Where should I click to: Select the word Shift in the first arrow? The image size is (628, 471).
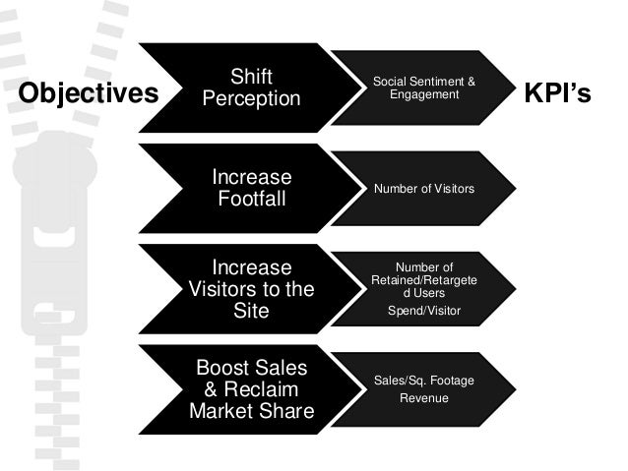[x=251, y=77]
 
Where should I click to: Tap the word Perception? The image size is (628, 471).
[x=251, y=99]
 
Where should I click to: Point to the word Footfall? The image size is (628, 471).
[x=251, y=200]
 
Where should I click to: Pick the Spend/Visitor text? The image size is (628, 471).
[x=424, y=311]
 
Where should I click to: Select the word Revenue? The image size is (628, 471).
[x=424, y=397]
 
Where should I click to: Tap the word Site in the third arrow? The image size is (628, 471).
[x=251, y=312]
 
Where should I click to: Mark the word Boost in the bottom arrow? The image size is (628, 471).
[x=225, y=368]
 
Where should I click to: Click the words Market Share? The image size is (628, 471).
[x=251, y=411]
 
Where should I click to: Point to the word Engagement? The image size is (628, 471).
[x=424, y=94]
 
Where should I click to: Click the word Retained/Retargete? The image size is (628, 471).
[x=424, y=279]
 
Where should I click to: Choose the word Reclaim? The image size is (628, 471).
[x=266, y=389]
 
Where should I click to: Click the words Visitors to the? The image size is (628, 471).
[x=251, y=290]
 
